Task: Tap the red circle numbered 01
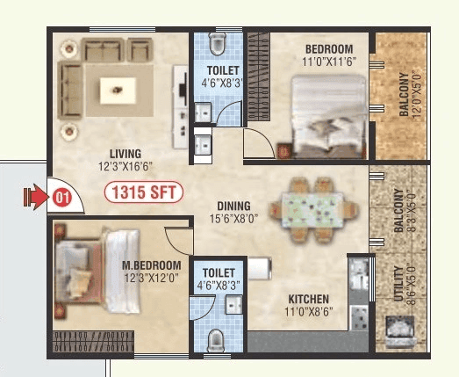coord(61,198)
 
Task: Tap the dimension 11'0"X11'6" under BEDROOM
coord(328,62)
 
